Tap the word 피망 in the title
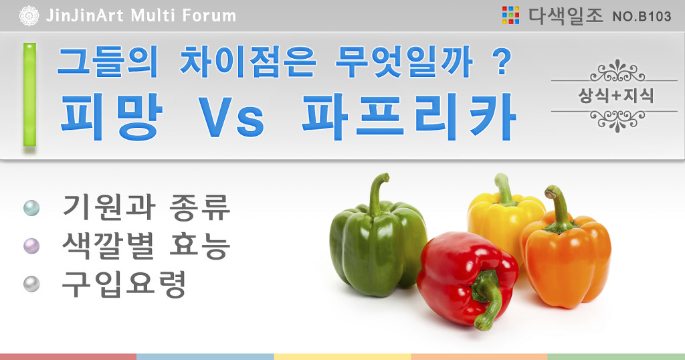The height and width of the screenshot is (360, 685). click(x=111, y=117)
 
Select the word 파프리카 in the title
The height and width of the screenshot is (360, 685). click(x=409, y=117)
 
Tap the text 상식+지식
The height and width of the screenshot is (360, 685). click(x=616, y=96)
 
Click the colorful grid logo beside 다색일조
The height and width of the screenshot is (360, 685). click(x=510, y=15)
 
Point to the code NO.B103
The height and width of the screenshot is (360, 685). click(x=642, y=17)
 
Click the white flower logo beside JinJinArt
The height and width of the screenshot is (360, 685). click(x=29, y=16)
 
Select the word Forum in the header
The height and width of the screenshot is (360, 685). click(x=209, y=16)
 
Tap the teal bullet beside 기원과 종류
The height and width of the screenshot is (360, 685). click(x=31, y=207)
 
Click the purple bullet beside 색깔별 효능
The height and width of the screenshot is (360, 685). click(x=31, y=246)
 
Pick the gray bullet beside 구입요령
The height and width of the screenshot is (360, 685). click(x=31, y=284)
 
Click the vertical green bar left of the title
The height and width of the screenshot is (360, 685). click(x=29, y=94)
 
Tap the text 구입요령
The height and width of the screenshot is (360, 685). click(x=124, y=284)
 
